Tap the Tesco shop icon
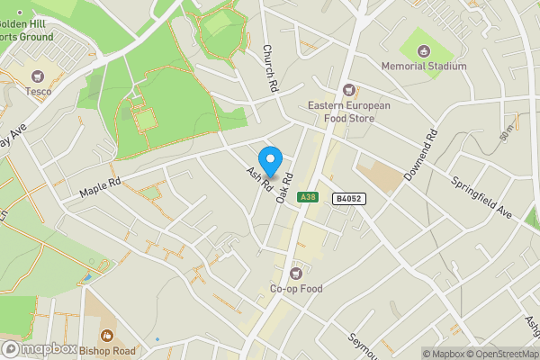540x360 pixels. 38,76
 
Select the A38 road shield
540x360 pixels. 309,196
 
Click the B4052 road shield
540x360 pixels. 349,197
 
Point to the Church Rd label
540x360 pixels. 267,68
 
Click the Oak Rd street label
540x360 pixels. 286,186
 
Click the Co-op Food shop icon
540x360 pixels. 295,274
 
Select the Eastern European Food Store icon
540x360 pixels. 349,90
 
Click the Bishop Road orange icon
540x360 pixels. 106,335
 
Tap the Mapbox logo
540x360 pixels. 38,349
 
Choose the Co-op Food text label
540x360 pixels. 295,290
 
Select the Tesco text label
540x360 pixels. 38,91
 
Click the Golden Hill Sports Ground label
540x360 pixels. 26,30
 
